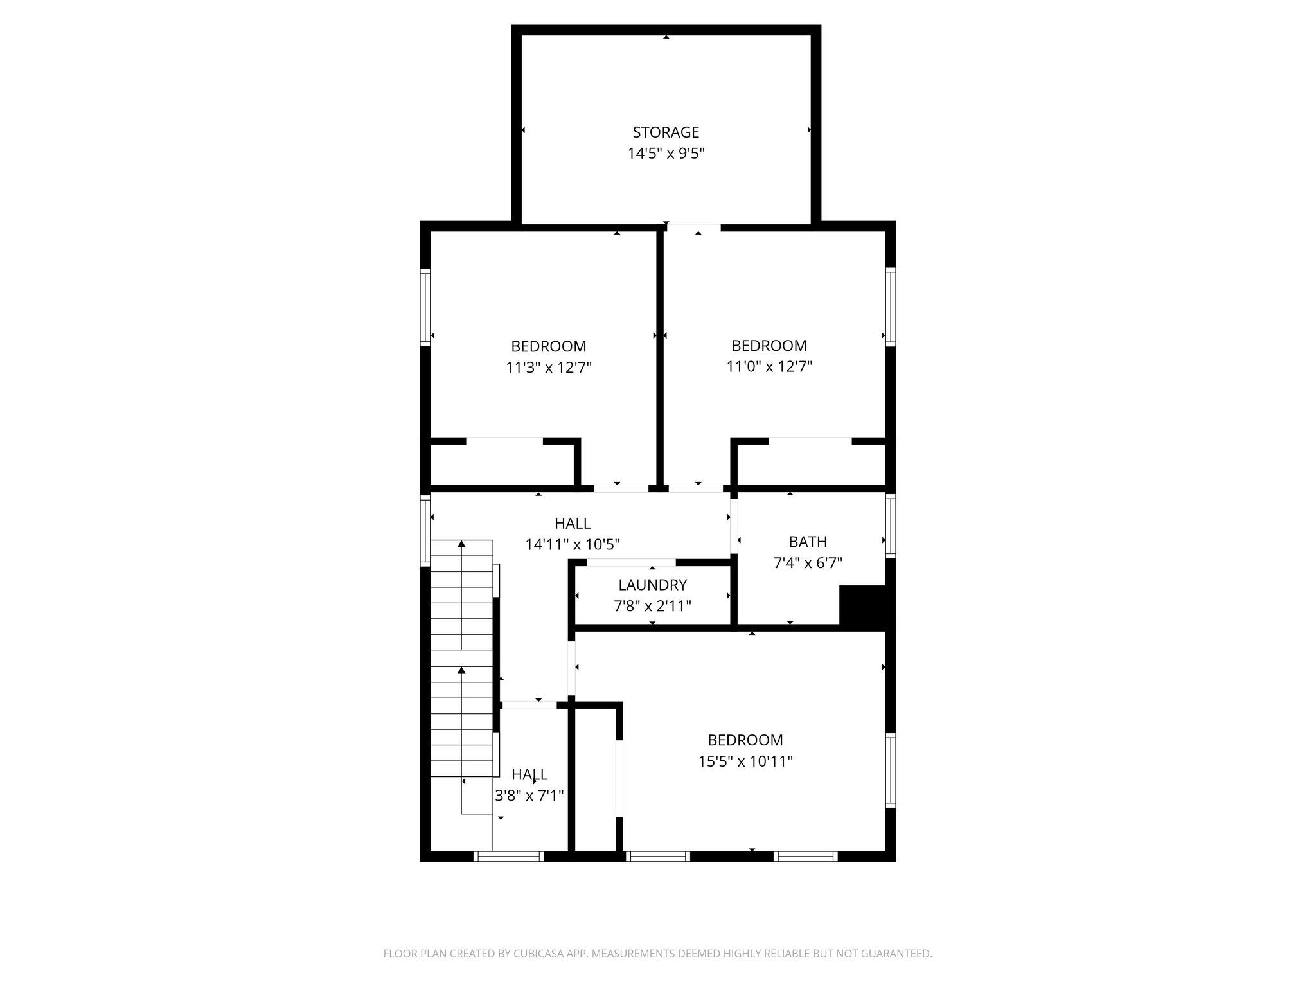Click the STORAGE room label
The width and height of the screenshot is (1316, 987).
coord(666,132)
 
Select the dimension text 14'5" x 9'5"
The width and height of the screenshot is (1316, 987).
coord(666,154)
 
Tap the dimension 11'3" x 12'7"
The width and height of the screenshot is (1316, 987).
coord(548,368)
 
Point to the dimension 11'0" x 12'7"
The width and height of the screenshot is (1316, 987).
coord(769,367)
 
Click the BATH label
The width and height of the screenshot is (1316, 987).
coord(808,542)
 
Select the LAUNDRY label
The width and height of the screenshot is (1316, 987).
coord(652,585)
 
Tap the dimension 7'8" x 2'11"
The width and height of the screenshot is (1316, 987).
coord(652,606)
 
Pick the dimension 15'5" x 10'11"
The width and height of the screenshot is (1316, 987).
coord(745,761)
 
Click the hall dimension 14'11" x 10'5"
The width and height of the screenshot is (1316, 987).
coord(573,545)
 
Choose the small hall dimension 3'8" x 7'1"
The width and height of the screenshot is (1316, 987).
coord(529,796)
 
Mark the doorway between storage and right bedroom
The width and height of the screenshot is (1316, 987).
coord(693,227)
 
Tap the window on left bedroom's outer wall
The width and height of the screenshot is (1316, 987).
coord(425,307)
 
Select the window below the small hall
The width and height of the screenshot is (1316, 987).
coord(508,856)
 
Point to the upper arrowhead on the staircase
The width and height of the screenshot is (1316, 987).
coord(461,545)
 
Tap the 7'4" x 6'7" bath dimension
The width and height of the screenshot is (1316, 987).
coord(808,563)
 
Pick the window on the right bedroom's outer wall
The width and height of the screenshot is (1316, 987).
coord(890,307)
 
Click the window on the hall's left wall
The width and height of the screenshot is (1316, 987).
coord(425,529)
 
